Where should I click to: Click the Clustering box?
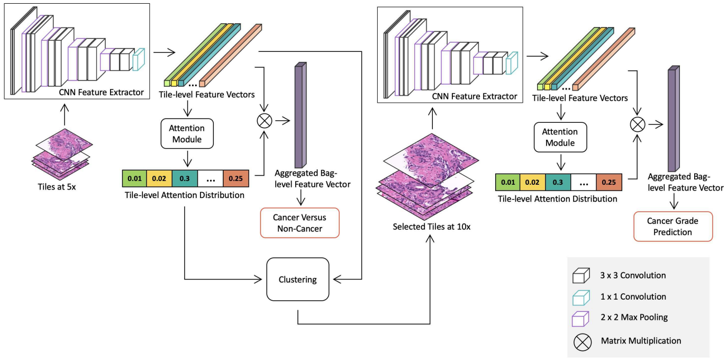[297, 279]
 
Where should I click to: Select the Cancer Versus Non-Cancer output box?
[299, 223]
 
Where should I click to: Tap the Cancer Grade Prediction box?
[673, 227]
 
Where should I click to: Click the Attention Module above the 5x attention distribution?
[187, 133]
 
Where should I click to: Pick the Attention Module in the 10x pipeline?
[560, 137]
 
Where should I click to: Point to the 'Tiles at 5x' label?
[57, 187]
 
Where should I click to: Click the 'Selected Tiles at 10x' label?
[431, 227]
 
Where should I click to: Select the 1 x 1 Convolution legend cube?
[581, 298]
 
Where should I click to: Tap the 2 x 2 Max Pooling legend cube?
[580, 319]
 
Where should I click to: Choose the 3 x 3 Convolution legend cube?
[581, 276]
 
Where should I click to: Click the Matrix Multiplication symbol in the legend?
[583, 342]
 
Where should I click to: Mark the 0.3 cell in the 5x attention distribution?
[185, 178]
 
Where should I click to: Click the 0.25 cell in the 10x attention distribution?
[609, 182]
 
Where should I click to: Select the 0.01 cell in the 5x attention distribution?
[134, 178]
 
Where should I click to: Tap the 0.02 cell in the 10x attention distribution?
[532, 182]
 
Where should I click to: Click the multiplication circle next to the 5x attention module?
[265, 121]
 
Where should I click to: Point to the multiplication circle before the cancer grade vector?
[638, 124]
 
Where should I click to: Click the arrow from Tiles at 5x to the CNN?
[65, 114]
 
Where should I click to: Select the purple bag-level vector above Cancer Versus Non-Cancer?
[301, 115]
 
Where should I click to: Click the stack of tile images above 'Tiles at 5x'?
[62, 154]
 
